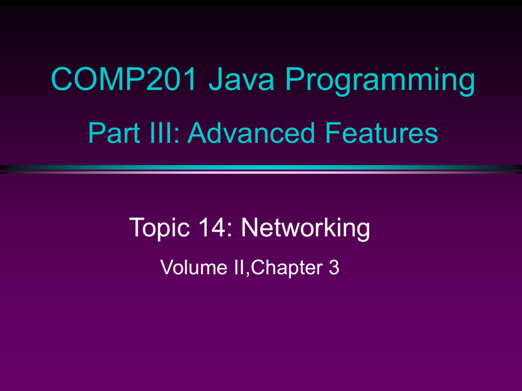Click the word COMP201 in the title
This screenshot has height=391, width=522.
[x=124, y=79]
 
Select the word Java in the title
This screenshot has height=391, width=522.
[x=241, y=79]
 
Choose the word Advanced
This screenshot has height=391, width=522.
[x=251, y=132]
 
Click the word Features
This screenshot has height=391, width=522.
[x=381, y=132]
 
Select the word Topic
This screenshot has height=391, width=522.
[x=160, y=229]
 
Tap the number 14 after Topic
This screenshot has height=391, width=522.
[x=212, y=227]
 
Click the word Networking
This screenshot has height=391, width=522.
[x=306, y=229]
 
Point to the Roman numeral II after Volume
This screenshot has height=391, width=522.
[x=240, y=267]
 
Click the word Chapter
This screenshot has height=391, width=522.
[x=286, y=268]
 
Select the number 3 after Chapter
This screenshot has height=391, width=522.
[x=334, y=267]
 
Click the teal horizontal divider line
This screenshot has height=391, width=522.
[x=261, y=167]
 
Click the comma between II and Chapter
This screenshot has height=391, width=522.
[x=247, y=274]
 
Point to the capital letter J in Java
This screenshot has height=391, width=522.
[x=216, y=79]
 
